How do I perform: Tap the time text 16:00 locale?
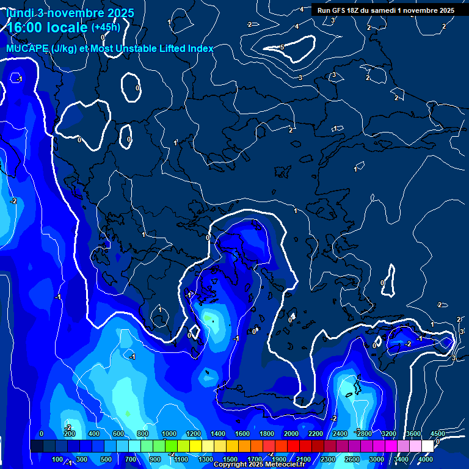coord(48,27)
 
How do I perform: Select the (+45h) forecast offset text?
coord(106,27)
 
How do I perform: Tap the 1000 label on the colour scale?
coord(169,434)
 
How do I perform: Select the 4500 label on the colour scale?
coord(437,434)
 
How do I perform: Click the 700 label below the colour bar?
coord(131,459)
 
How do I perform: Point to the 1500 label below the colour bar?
coord(230,459)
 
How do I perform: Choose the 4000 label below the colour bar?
coord(425,459)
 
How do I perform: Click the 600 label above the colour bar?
coord(118,434)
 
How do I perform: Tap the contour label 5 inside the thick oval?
coord(282,47)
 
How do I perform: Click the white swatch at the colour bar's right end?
coord(427,446)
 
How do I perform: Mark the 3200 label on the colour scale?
coord(388,434)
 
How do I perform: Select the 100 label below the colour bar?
coord(57,459)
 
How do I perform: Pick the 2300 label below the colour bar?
coord(328,459)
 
